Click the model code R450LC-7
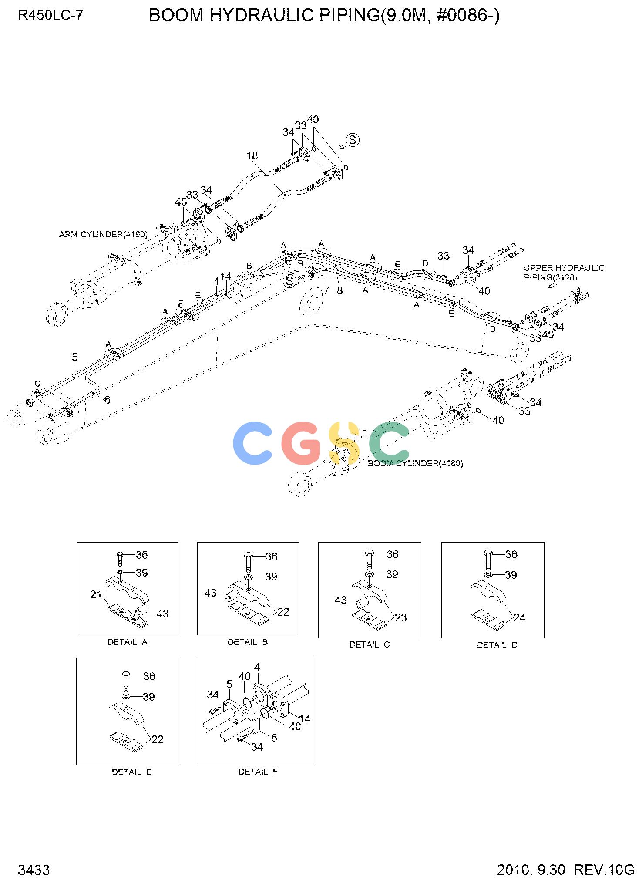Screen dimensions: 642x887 [x=50, y=16]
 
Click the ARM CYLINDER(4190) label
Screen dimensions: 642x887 [x=103, y=234]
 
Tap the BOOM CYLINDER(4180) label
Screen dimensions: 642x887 [x=415, y=463]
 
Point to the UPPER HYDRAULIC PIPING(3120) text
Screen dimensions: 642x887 [x=564, y=273]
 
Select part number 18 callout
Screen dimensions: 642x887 [x=252, y=155]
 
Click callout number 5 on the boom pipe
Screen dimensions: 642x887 [x=75, y=357]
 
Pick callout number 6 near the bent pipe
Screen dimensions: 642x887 [x=107, y=400]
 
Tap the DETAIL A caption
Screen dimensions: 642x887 [x=127, y=642]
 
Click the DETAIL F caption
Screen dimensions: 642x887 [x=258, y=772]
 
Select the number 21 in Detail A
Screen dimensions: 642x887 [x=96, y=594]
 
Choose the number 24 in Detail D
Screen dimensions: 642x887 [x=519, y=617]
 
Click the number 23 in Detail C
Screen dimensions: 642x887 [x=400, y=617]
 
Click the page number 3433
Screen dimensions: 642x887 [x=34, y=870]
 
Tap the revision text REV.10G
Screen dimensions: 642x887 [x=605, y=870]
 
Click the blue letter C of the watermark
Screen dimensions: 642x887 [x=253, y=442]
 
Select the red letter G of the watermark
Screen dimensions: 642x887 [x=301, y=442]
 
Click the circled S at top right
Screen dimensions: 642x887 [x=353, y=140]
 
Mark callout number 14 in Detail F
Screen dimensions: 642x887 [x=305, y=718]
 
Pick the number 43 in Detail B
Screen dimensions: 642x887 [x=211, y=593]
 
